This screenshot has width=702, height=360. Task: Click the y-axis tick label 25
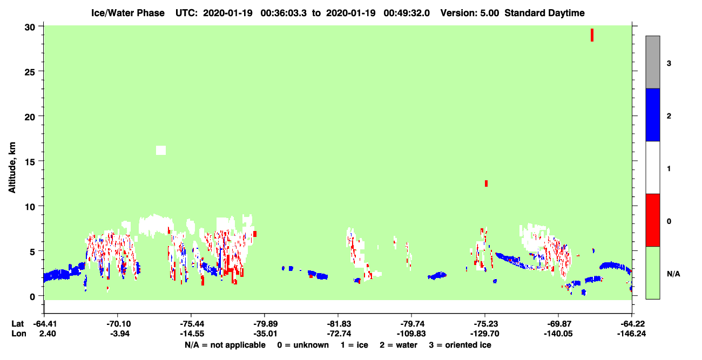(x=30, y=72)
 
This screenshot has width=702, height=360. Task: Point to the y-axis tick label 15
(x=30, y=162)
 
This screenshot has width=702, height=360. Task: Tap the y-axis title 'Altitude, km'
(x=12, y=167)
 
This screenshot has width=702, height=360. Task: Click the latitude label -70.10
(x=118, y=324)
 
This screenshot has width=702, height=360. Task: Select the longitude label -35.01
(x=265, y=334)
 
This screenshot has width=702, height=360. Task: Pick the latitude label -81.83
(x=339, y=324)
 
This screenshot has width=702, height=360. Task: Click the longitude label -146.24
(x=631, y=334)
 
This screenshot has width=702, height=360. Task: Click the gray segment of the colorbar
(x=653, y=62)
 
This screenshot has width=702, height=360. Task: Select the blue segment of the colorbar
(x=653, y=114)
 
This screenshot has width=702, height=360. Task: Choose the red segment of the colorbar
(x=653, y=220)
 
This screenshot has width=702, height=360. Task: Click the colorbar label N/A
(x=673, y=274)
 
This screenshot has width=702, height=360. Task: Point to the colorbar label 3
(x=669, y=64)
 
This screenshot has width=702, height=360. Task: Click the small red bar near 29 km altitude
(x=592, y=35)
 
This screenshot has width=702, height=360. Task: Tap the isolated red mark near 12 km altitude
(x=486, y=184)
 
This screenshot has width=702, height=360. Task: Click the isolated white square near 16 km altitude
(x=161, y=151)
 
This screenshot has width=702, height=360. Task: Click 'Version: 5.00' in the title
(x=469, y=13)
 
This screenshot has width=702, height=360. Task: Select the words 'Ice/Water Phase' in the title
(x=128, y=13)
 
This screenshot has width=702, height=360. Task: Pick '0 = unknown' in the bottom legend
(x=303, y=345)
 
